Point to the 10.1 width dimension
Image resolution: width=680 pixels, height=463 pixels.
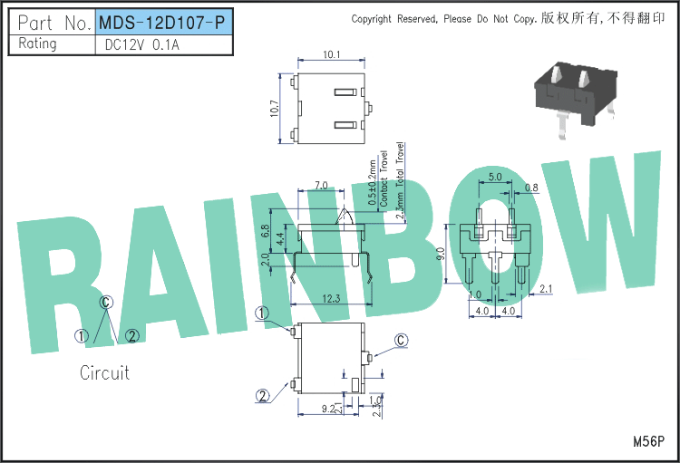click(x=331, y=55)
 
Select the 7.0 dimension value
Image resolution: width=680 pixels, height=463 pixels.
click(x=321, y=185)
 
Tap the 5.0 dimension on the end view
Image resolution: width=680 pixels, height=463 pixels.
click(x=495, y=177)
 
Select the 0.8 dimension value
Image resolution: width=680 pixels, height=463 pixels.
click(x=531, y=188)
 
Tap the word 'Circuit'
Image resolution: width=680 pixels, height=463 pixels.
click(x=104, y=372)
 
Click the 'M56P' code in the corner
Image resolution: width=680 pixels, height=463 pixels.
click(x=649, y=441)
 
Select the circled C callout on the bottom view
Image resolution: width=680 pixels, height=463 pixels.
click(x=401, y=341)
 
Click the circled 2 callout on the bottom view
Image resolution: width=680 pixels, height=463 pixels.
click(x=263, y=396)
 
